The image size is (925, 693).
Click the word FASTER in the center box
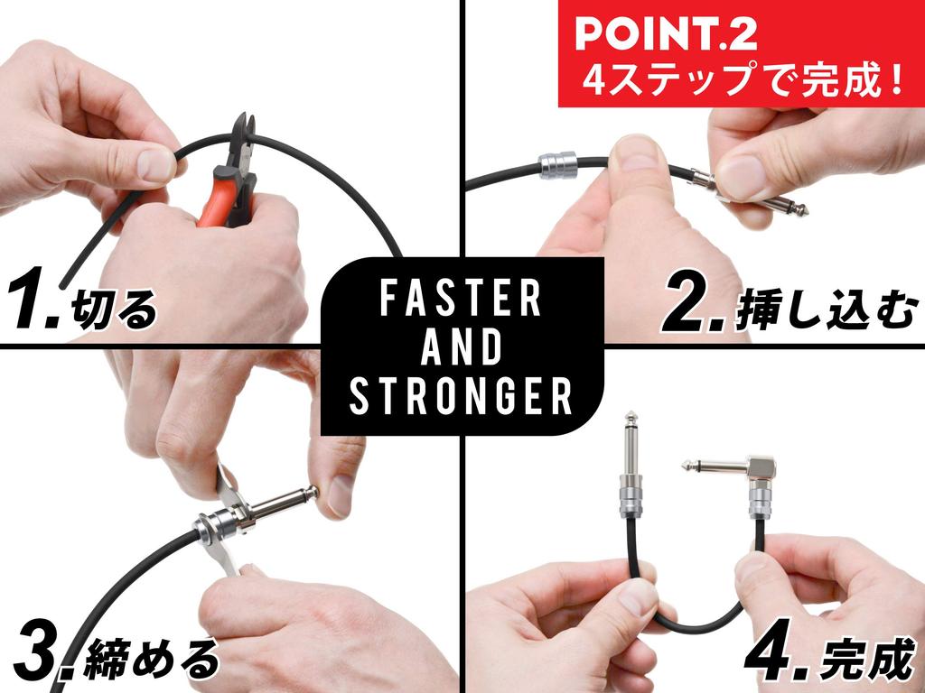(x=462, y=300)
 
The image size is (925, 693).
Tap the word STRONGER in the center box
(x=462, y=395)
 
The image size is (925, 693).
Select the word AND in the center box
(x=462, y=347)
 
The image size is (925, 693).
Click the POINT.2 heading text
(x=666, y=34)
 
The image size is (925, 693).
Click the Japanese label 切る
(x=115, y=310)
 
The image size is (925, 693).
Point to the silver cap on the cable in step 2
(x=556, y=165)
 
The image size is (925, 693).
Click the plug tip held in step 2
(x=795, y=208)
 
